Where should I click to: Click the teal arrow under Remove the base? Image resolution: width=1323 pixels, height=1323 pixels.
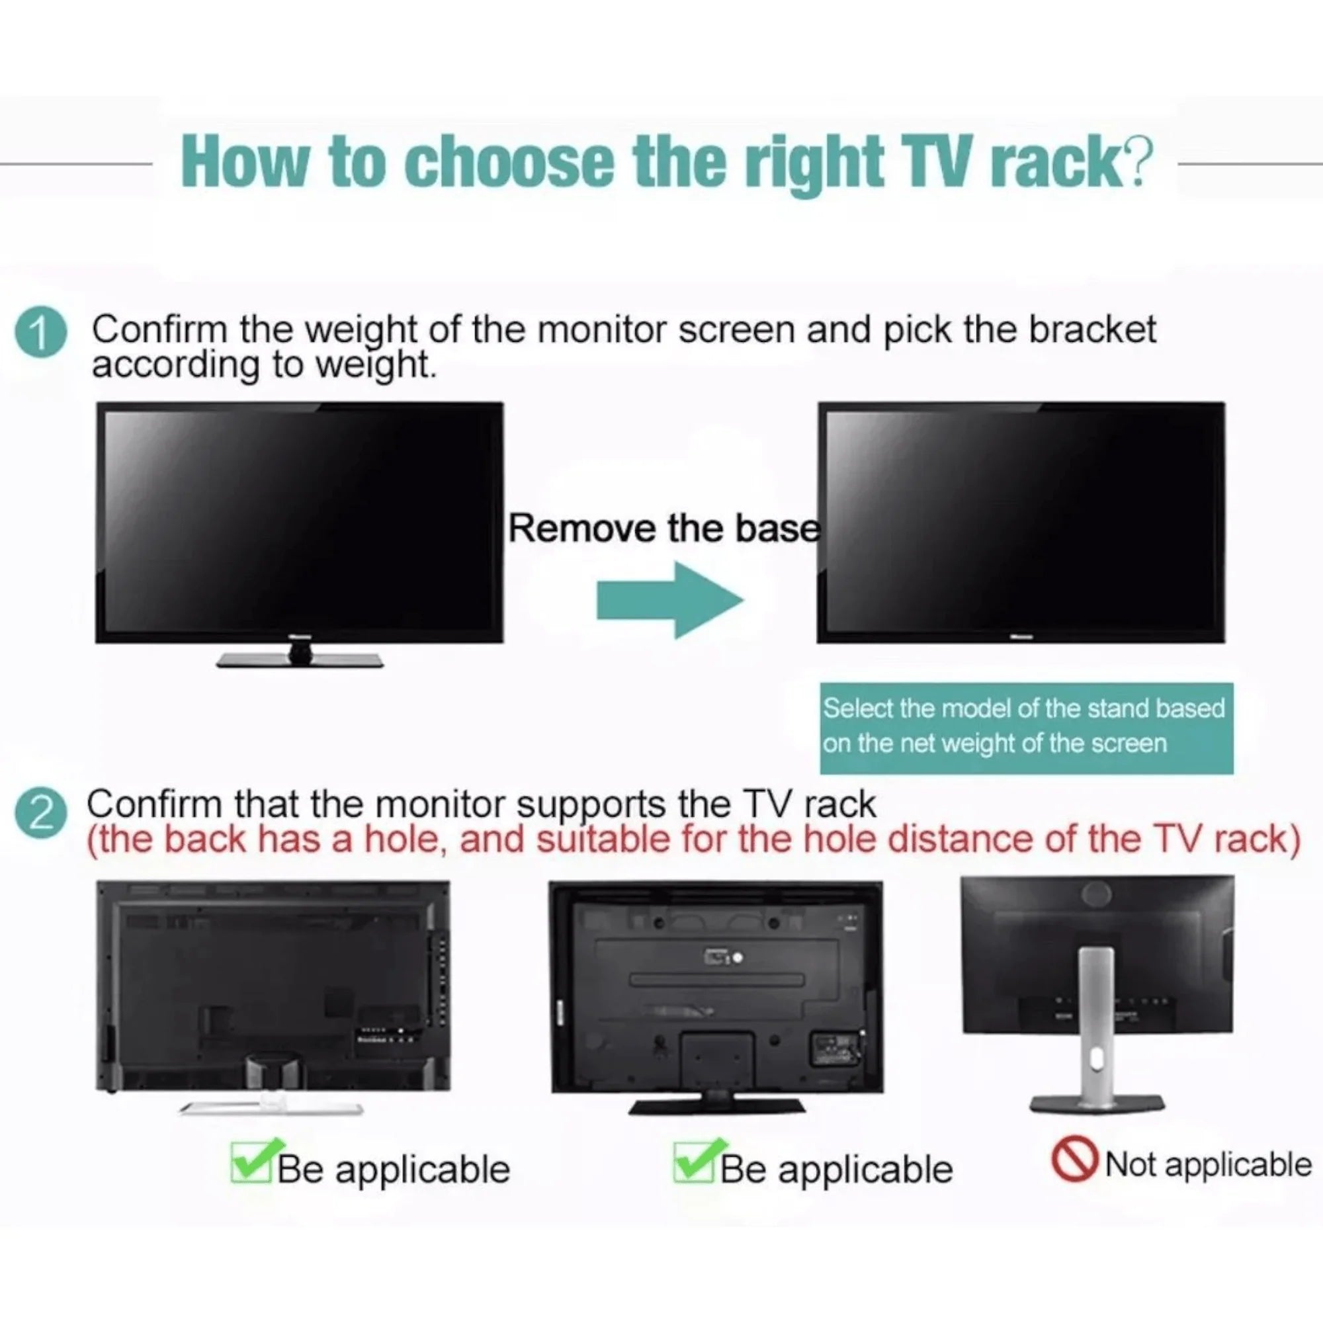tap(669, 600)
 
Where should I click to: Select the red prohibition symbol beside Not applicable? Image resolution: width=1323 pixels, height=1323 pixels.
tap(1074, 1160)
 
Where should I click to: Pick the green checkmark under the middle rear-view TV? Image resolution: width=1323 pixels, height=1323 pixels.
tap(701, 1160)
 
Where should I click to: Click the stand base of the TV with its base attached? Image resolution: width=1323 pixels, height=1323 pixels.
tap(300, 660)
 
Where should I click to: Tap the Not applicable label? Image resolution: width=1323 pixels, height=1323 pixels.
tap(1208, 1164)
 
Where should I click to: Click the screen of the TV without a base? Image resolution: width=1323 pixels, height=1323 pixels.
tap(1021, 523)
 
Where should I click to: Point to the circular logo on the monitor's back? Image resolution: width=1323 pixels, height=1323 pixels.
tap(1095, 894)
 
